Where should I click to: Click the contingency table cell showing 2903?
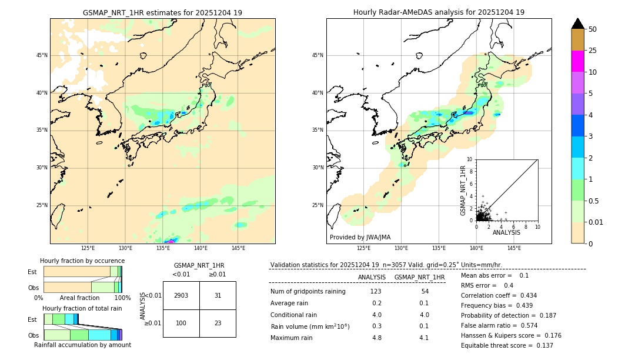181,295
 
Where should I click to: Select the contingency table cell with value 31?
218,295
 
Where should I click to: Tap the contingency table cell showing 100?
181,323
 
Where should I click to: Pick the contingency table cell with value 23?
218,323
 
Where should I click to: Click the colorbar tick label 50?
593,29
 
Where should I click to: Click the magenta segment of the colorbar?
578,61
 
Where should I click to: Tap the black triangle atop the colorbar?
578,24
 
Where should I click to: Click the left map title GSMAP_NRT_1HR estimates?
162,12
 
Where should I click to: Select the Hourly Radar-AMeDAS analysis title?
439,12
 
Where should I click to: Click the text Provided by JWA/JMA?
360,237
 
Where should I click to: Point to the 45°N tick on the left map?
42,55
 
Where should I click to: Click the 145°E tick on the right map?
514,249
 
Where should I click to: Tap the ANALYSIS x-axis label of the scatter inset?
506,232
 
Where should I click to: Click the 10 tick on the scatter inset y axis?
470,159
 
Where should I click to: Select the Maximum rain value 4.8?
376,338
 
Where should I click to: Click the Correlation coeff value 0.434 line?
499,295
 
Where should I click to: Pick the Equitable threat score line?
507,345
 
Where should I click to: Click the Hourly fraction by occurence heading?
82,261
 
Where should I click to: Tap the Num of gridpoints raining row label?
308,291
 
